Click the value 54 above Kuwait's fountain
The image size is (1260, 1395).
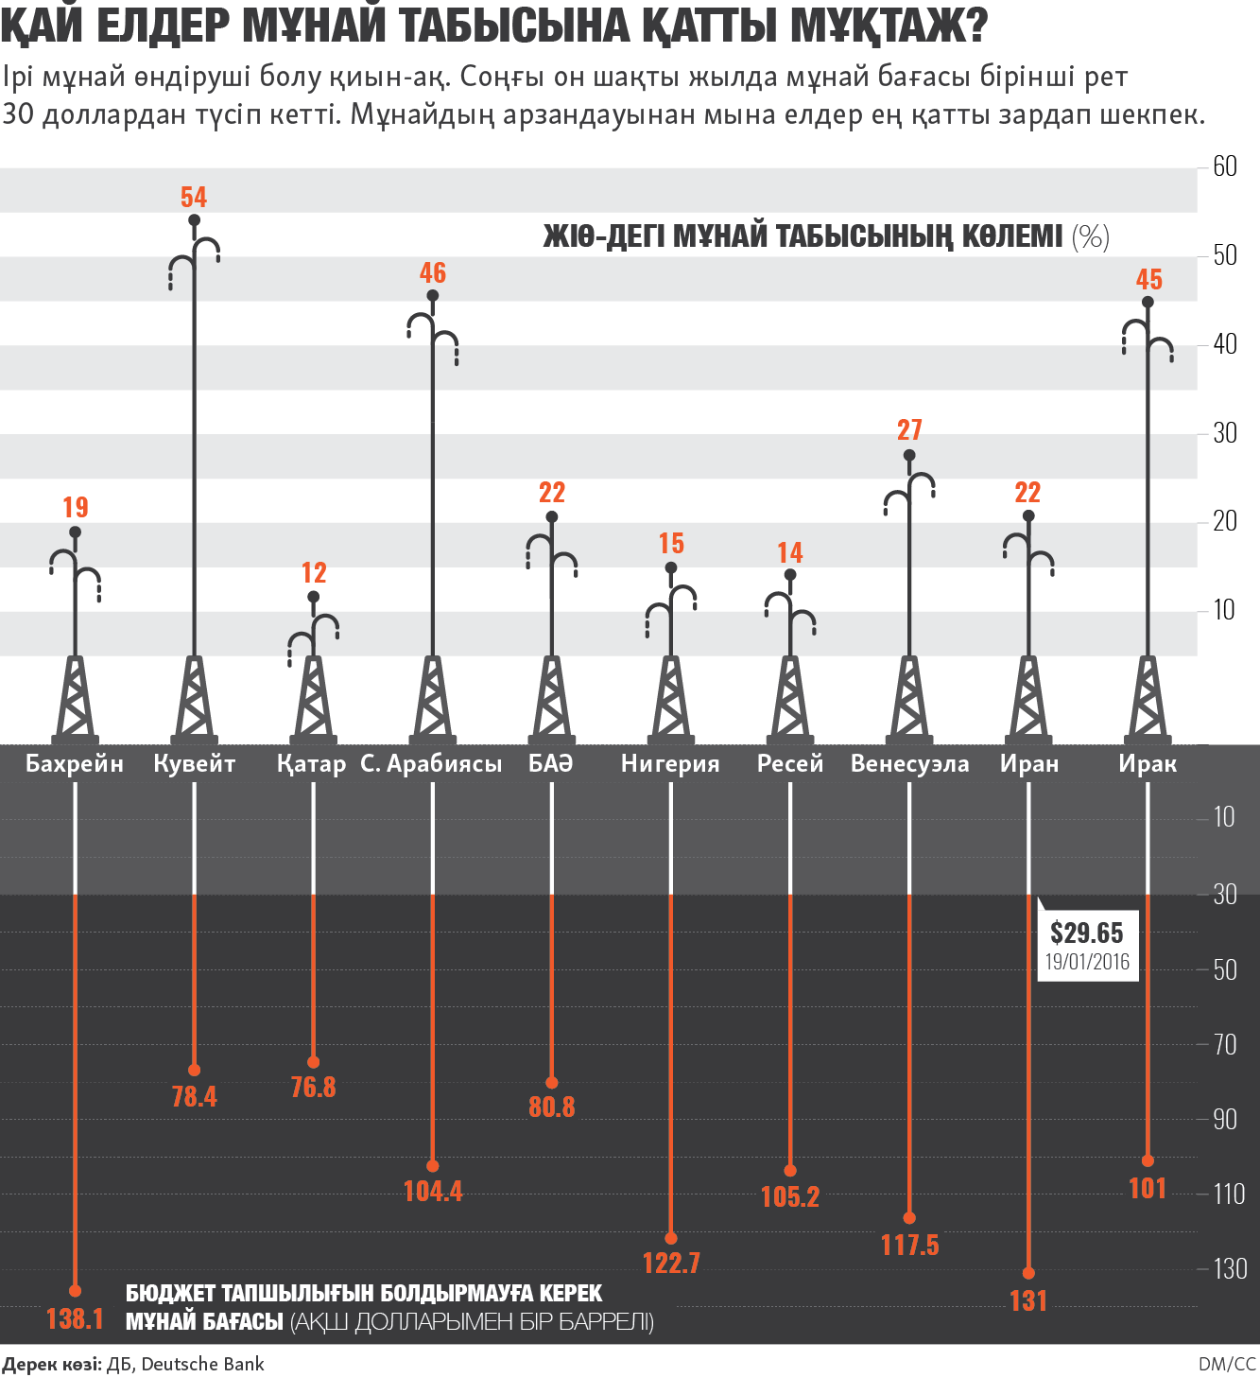[x=194, y=197]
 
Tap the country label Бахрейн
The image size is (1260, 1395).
[x=75, y=764]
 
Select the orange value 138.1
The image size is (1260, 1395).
[x=75, y=1318]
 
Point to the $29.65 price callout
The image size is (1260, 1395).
[x=1087, y=933]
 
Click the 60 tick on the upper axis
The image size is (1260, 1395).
[x=1225, y=167]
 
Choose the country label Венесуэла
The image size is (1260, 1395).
[x=909, y=764]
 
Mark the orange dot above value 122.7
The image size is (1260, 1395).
[x=671, y=1238]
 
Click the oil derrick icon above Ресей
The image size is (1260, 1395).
[x=790, y=700]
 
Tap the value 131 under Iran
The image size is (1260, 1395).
[x=1028, y=1301]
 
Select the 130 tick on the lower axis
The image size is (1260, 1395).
[x=1230, y=1268]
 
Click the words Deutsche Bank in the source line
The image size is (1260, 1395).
[x=202, y=1364]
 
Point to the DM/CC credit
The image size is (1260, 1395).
[x=1227, y=1364]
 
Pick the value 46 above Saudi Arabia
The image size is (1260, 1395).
[x=433, y=273]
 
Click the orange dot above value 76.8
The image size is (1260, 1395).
[x=314, y=1062]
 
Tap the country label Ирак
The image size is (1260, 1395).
[x=1148, y=764]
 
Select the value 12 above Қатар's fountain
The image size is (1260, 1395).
[x=314, y=573]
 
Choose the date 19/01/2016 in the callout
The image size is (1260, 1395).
[x=1087, y=962]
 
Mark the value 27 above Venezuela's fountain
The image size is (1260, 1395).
[x=909, y=430]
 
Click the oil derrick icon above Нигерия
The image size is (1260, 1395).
[x=671, y=700]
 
